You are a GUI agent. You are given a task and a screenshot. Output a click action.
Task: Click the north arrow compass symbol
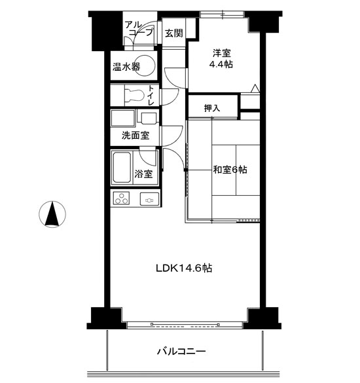point(52,214)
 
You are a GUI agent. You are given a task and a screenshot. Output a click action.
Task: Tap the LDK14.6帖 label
point(184,268)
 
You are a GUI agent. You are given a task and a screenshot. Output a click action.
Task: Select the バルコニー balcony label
point(181,352)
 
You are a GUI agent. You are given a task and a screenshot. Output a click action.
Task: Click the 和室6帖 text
point(230,170)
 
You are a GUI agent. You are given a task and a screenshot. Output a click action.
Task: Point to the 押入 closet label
point(212,108)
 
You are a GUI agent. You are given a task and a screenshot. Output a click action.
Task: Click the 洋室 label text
point(221,53)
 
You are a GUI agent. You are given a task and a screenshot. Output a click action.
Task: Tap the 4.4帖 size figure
point(221,64)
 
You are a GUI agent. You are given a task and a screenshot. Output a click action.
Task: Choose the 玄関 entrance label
point(174,33)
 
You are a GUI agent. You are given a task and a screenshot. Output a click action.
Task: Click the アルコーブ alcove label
point(139,28)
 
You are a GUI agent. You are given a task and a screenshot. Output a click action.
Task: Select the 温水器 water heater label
point(126,66)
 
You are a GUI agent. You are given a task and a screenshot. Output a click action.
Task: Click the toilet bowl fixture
point(134,95)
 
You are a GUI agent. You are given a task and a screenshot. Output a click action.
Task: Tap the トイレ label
point(151,96)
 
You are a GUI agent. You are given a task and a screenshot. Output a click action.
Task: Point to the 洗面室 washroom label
point(135,135)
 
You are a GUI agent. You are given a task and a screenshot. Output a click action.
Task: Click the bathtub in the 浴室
point(122,168)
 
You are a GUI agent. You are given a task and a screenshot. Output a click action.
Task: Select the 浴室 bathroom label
point(143,173)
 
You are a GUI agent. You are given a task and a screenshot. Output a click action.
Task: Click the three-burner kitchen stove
point(121,198)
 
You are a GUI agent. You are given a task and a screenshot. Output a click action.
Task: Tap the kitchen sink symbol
point(149,199)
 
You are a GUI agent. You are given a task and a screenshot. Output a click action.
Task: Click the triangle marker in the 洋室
point(255,88)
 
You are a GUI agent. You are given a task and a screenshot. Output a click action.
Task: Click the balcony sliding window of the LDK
point(185,325)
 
